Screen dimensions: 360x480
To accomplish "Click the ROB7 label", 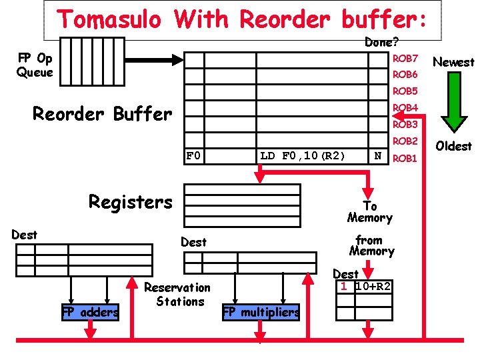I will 405,59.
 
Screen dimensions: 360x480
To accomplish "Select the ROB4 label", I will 405,107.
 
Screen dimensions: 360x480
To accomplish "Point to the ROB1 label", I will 405,159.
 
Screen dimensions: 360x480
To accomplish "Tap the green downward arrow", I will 453,100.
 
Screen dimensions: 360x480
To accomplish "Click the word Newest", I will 453,62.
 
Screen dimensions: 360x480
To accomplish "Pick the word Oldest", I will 453,146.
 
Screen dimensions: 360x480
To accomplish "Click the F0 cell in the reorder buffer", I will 193,156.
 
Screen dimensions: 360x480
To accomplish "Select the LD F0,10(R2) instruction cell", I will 303,156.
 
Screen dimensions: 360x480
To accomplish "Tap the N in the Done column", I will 378,156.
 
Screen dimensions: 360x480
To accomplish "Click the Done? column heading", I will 382,42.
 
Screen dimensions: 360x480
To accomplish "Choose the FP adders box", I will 91,311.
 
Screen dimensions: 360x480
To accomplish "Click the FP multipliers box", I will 261,311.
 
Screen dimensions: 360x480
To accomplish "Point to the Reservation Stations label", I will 177,295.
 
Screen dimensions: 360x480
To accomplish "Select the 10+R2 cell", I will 373,287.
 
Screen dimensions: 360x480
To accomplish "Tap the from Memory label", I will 371,245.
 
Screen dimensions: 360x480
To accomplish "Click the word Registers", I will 131,201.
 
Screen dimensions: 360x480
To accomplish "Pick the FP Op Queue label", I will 35,65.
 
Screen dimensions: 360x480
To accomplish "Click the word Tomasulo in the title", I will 109,19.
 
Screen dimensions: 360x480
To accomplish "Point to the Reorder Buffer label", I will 102,114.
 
